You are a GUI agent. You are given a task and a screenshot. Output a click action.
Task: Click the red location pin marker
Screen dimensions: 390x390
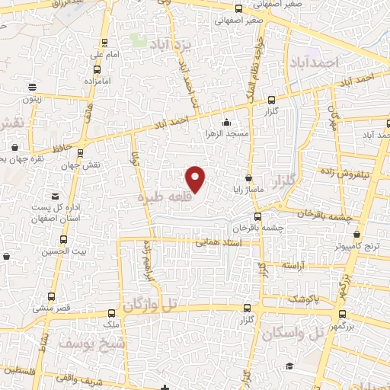coord(196,177)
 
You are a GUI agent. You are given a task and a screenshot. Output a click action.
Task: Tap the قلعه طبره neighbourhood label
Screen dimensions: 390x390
coord(161,197)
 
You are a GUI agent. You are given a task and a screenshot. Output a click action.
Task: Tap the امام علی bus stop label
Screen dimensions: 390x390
coord(101,55)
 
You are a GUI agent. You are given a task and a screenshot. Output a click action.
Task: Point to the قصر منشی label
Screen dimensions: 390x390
coord(52,308)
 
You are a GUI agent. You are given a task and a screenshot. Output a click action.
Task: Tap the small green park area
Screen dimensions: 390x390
coord(139,39)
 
